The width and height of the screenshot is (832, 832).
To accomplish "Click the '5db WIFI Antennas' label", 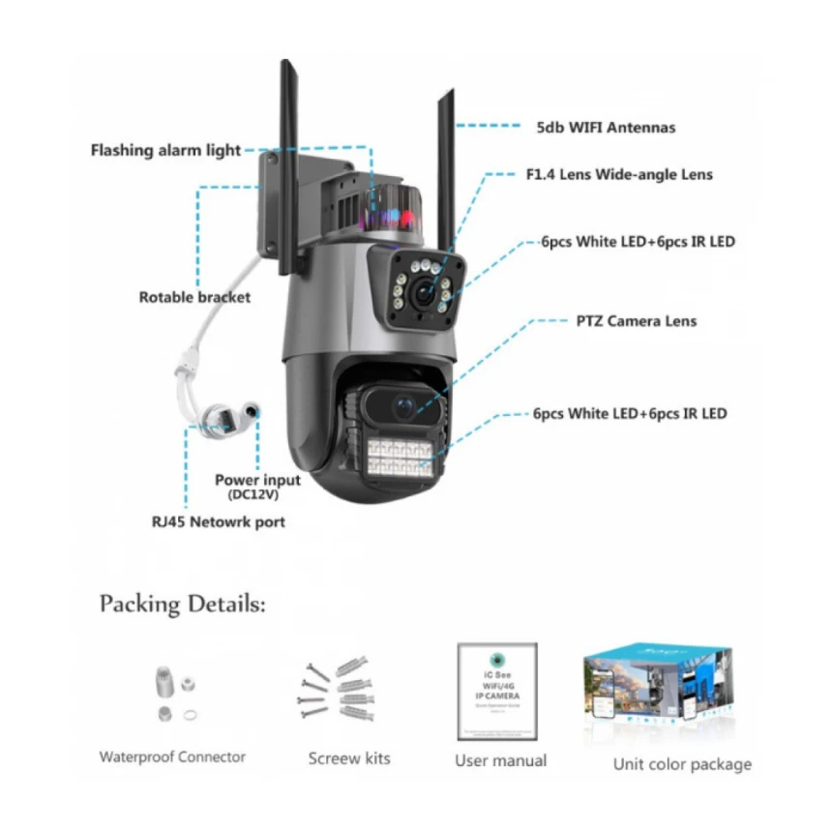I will coord(606,127).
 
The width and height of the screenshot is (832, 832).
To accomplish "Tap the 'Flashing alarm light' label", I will coord(165,151).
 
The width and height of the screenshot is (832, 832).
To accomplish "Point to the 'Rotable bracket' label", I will coord(194,297).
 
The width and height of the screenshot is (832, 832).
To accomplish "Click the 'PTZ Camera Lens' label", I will coord(630,321).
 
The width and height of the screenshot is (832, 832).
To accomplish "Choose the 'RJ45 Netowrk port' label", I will coord(218,521).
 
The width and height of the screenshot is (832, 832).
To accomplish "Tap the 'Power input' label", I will coord(257,480).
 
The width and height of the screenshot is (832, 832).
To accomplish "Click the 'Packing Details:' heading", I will coord(182,605).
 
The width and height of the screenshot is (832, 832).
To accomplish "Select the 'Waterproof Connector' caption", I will coord(172,757).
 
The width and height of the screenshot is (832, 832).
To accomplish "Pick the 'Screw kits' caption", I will coord(349,758).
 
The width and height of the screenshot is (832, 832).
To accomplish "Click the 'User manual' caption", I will coord(500,760).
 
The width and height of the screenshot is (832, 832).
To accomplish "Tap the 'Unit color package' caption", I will coord(682,764).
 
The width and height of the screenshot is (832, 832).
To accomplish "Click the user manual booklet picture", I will coord(497,692).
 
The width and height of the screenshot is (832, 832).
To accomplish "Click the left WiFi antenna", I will coord(288,164).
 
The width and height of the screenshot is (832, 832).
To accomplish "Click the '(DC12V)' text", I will coord(253,495).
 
